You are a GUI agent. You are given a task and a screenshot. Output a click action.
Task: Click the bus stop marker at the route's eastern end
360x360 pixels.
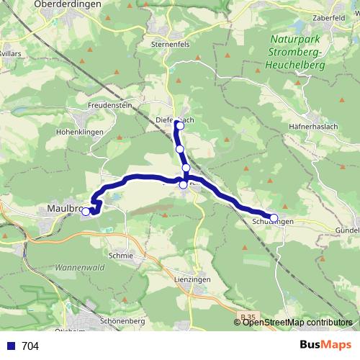point(274,217)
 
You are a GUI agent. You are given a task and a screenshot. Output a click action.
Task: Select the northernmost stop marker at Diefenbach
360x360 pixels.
point(179,126)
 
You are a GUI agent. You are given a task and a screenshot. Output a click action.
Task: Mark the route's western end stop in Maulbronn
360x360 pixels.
point(86,212)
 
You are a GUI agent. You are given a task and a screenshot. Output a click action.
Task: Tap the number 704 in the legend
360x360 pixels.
point(30,346)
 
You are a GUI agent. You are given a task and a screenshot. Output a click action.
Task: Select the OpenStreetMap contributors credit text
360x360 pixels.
point(297,323)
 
